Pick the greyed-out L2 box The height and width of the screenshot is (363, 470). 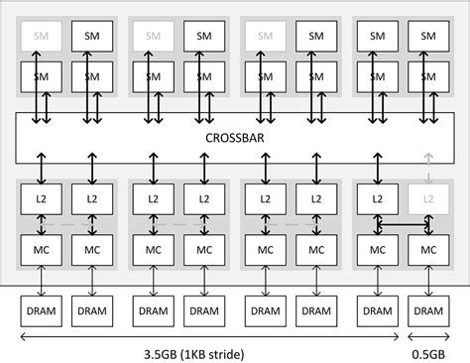point(428,198)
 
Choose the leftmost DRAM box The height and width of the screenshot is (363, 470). point(41,310)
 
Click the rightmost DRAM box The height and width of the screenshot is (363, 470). point(428,310)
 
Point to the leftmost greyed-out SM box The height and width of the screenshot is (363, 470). point(41,36)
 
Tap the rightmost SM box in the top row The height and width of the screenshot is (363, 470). point(428,36)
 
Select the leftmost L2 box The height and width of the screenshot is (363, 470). point(41,198)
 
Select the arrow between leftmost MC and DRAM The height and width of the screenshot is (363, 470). point(41,281)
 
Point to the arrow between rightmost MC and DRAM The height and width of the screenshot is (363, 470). point(428,281)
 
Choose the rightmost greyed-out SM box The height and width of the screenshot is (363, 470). point(264,36)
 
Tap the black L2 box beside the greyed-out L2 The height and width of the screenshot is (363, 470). point(376,198)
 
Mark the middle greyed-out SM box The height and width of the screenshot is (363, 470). point(152,36)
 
